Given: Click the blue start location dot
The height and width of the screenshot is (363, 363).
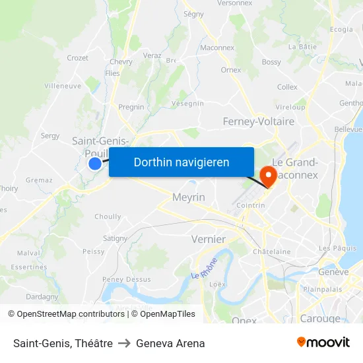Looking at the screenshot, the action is (95, 163).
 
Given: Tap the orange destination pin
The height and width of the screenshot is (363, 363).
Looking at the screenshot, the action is (269, 176).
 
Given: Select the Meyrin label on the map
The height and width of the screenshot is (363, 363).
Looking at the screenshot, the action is (189, 197).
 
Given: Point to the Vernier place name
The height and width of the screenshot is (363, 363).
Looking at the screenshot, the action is (208, 239).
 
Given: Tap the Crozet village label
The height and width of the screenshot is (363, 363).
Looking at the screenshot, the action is (77, 58).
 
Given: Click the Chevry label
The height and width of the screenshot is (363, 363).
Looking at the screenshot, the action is (121, 61).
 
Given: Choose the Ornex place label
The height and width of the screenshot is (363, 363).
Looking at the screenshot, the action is (231, 69).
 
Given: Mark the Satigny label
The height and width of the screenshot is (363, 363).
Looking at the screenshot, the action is (115, 238).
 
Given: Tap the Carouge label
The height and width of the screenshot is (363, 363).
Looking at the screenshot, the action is (319, 318).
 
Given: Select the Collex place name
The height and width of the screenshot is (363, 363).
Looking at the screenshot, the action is (287, 86).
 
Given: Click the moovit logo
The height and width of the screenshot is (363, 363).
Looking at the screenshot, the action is (323, 343).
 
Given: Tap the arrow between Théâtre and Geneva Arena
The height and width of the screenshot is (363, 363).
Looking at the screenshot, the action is (124, 343).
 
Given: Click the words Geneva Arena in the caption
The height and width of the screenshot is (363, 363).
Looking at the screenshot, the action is (170, 343).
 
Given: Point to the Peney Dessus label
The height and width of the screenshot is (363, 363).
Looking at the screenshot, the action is (127, 279).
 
